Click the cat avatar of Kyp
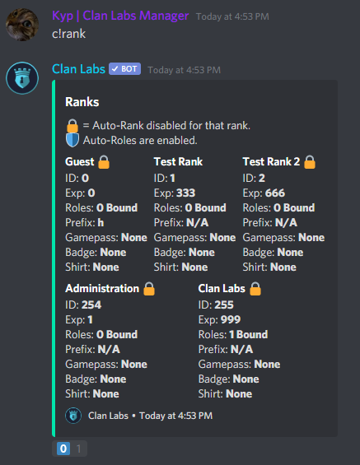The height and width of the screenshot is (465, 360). tap(22, 25)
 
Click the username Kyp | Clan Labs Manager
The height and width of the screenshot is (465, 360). tap(120, 16)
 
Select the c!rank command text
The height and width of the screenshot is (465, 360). tap(68, 34)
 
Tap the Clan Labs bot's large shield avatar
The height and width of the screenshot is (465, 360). tap(22, 77)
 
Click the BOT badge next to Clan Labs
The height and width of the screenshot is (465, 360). tap(124, 69)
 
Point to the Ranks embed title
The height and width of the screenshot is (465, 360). tap(82, 102)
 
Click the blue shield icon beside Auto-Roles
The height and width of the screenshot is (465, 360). tap(72, 140)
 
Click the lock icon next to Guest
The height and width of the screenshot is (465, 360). tap(104, 162)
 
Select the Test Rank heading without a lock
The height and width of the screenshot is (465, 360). tap(178, 162)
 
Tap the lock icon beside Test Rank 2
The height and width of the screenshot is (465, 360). tap(310, 162)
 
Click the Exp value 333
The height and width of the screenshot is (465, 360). tap(186, 193)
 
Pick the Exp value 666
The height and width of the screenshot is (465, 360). tap(275, 193)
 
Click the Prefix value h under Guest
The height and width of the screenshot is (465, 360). tap(101, 223)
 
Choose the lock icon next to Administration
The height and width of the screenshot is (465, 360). tap(149, 289)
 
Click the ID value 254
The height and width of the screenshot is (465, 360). tap(91, 305)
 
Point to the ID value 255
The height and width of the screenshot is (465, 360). tap(224, 305)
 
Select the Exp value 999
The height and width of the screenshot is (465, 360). tap(231, 319)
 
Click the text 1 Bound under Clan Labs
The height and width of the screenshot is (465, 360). tap(249, 334)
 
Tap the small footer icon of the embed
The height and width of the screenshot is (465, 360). tap(73, 416)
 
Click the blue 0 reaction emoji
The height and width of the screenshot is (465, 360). tap(63, 449)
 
